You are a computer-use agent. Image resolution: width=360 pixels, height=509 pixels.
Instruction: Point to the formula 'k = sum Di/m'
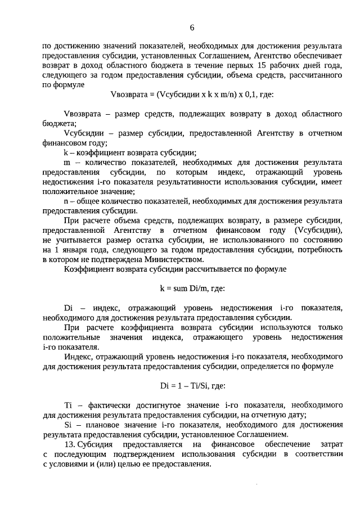tap(192, 288)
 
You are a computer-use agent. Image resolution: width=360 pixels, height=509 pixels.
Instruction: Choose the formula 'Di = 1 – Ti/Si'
tap(192, 386)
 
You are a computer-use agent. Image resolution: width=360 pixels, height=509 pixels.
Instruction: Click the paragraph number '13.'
tap(72, 444)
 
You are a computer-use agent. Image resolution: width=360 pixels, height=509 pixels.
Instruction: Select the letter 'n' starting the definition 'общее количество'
tap(67, 201)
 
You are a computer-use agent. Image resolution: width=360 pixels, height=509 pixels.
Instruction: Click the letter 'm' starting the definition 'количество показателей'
tap(68, 162)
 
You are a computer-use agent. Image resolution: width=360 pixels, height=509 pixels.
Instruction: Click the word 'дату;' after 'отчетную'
tap(295, 415)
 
